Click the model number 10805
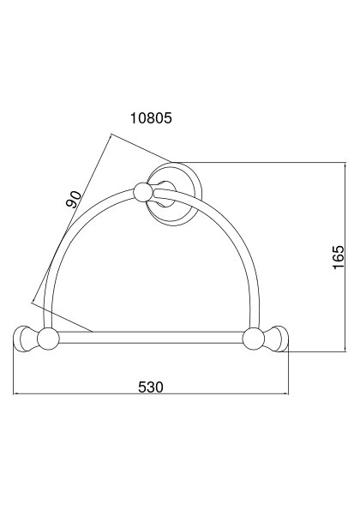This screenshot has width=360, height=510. [151, 118]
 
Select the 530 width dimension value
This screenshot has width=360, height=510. [151, 387]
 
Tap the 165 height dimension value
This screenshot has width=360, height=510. [339, 257]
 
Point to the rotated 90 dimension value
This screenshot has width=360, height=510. [74, 200]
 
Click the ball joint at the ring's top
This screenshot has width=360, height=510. [143, 192]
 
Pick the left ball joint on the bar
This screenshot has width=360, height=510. [48, 339]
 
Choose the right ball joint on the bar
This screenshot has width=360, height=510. [254, 339]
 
